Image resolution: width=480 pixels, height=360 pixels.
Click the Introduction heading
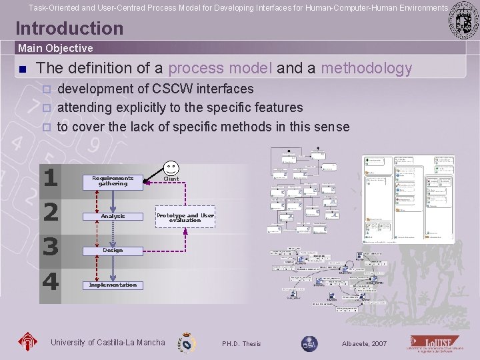click(x=69, y=28)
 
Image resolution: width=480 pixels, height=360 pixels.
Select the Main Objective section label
click(x=55, y=48)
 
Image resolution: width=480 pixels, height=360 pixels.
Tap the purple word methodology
click(x=367, y=68)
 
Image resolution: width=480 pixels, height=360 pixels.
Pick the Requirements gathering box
click(x=113, y=181)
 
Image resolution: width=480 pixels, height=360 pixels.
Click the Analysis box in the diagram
click(x=113, y=216)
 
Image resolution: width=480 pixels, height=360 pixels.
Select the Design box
click(x=113, y=251)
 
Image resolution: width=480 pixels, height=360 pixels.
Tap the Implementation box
click(x=113, y=285)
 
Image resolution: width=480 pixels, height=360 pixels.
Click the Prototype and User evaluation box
click(x=185, y=217)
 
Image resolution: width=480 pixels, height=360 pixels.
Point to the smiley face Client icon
click(x=171, y=167)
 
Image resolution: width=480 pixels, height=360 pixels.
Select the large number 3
click(x=51, y=247)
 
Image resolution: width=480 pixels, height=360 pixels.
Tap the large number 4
click(x=51, y=281)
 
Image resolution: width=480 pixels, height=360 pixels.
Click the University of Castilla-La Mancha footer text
click(x=107, y=343)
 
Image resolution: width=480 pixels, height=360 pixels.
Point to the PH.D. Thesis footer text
click(x=241, y=344)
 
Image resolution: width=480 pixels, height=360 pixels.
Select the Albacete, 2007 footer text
click(x=364, y=344)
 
